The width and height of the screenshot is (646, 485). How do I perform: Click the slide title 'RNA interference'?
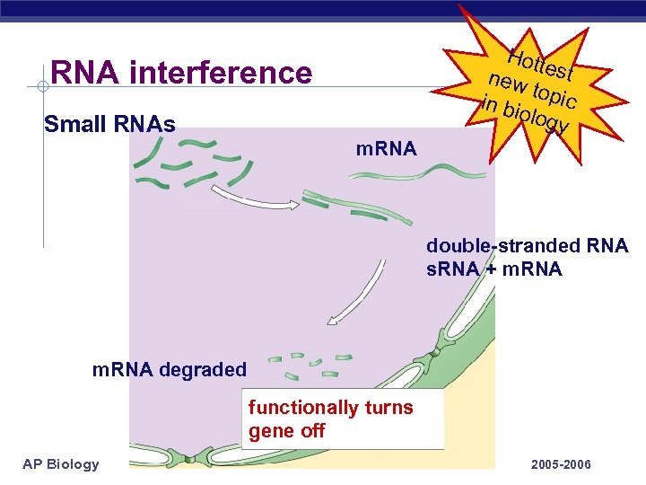point(182,72)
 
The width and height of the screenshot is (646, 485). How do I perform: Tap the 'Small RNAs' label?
point(109,122)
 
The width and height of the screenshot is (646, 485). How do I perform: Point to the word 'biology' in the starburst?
point(535,120)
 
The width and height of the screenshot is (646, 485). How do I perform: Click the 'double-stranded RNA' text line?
point(527,246)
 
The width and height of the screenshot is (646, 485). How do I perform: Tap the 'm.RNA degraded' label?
point(170,369)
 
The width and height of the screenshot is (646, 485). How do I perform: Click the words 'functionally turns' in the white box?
point(331,408)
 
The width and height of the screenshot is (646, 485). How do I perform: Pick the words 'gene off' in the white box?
point(286,430)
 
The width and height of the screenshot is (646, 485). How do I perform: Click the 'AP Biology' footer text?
point(61,463)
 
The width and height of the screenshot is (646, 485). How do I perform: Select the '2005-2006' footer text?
point(561,464)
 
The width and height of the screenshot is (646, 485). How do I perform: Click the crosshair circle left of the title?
point(43,86)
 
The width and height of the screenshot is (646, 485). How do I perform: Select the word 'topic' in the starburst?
point(554,94)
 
